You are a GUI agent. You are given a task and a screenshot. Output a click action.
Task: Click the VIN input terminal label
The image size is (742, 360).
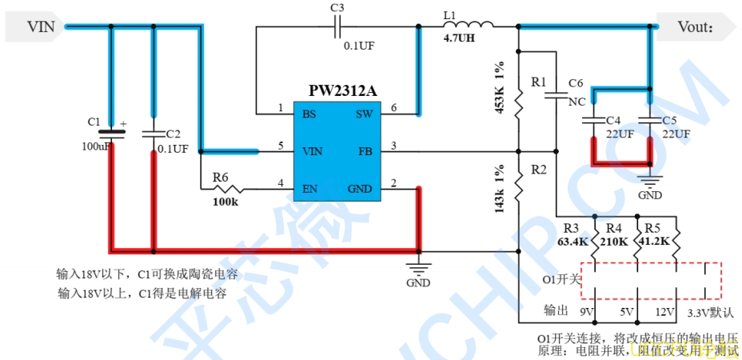pos(42,27)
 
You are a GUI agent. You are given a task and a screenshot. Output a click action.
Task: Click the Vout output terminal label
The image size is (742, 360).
pos(694,27)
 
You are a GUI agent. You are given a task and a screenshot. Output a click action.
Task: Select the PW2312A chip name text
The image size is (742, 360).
pos(342,90)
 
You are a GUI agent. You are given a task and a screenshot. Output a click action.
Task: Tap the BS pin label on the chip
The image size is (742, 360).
pos(309,114)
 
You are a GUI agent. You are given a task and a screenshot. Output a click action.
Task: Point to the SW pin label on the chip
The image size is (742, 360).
pos(364,114)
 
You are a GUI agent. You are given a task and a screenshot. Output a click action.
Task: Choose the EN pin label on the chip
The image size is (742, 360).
pos(309,190)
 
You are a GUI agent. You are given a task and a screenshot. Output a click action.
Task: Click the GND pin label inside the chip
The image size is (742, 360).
pos(360,190)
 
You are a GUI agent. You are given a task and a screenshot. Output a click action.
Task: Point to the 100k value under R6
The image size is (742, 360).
pos(225,202)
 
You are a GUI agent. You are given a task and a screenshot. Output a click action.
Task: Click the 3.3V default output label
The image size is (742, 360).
pos(711,312)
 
